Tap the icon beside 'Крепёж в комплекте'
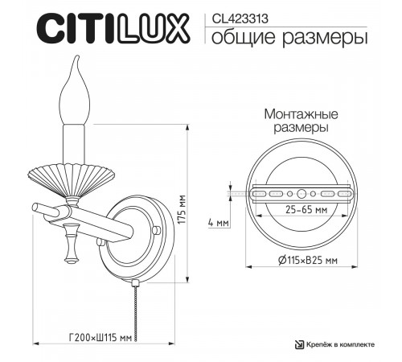point(297,344)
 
